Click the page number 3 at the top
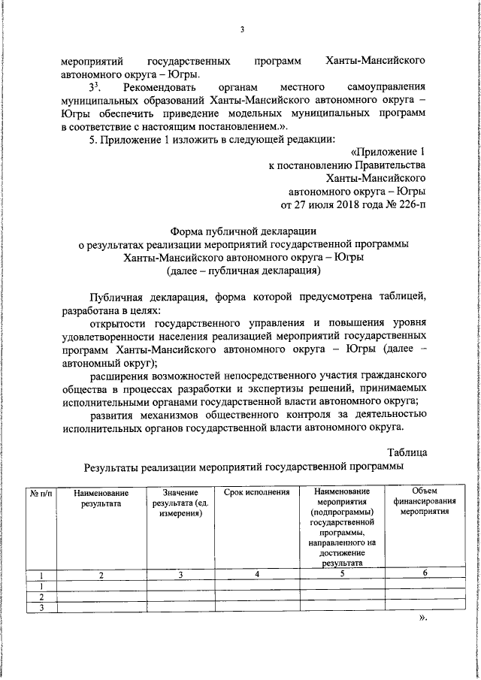coord(242,29)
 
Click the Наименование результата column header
coord(101,498)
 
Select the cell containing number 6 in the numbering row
coord(425,575)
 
